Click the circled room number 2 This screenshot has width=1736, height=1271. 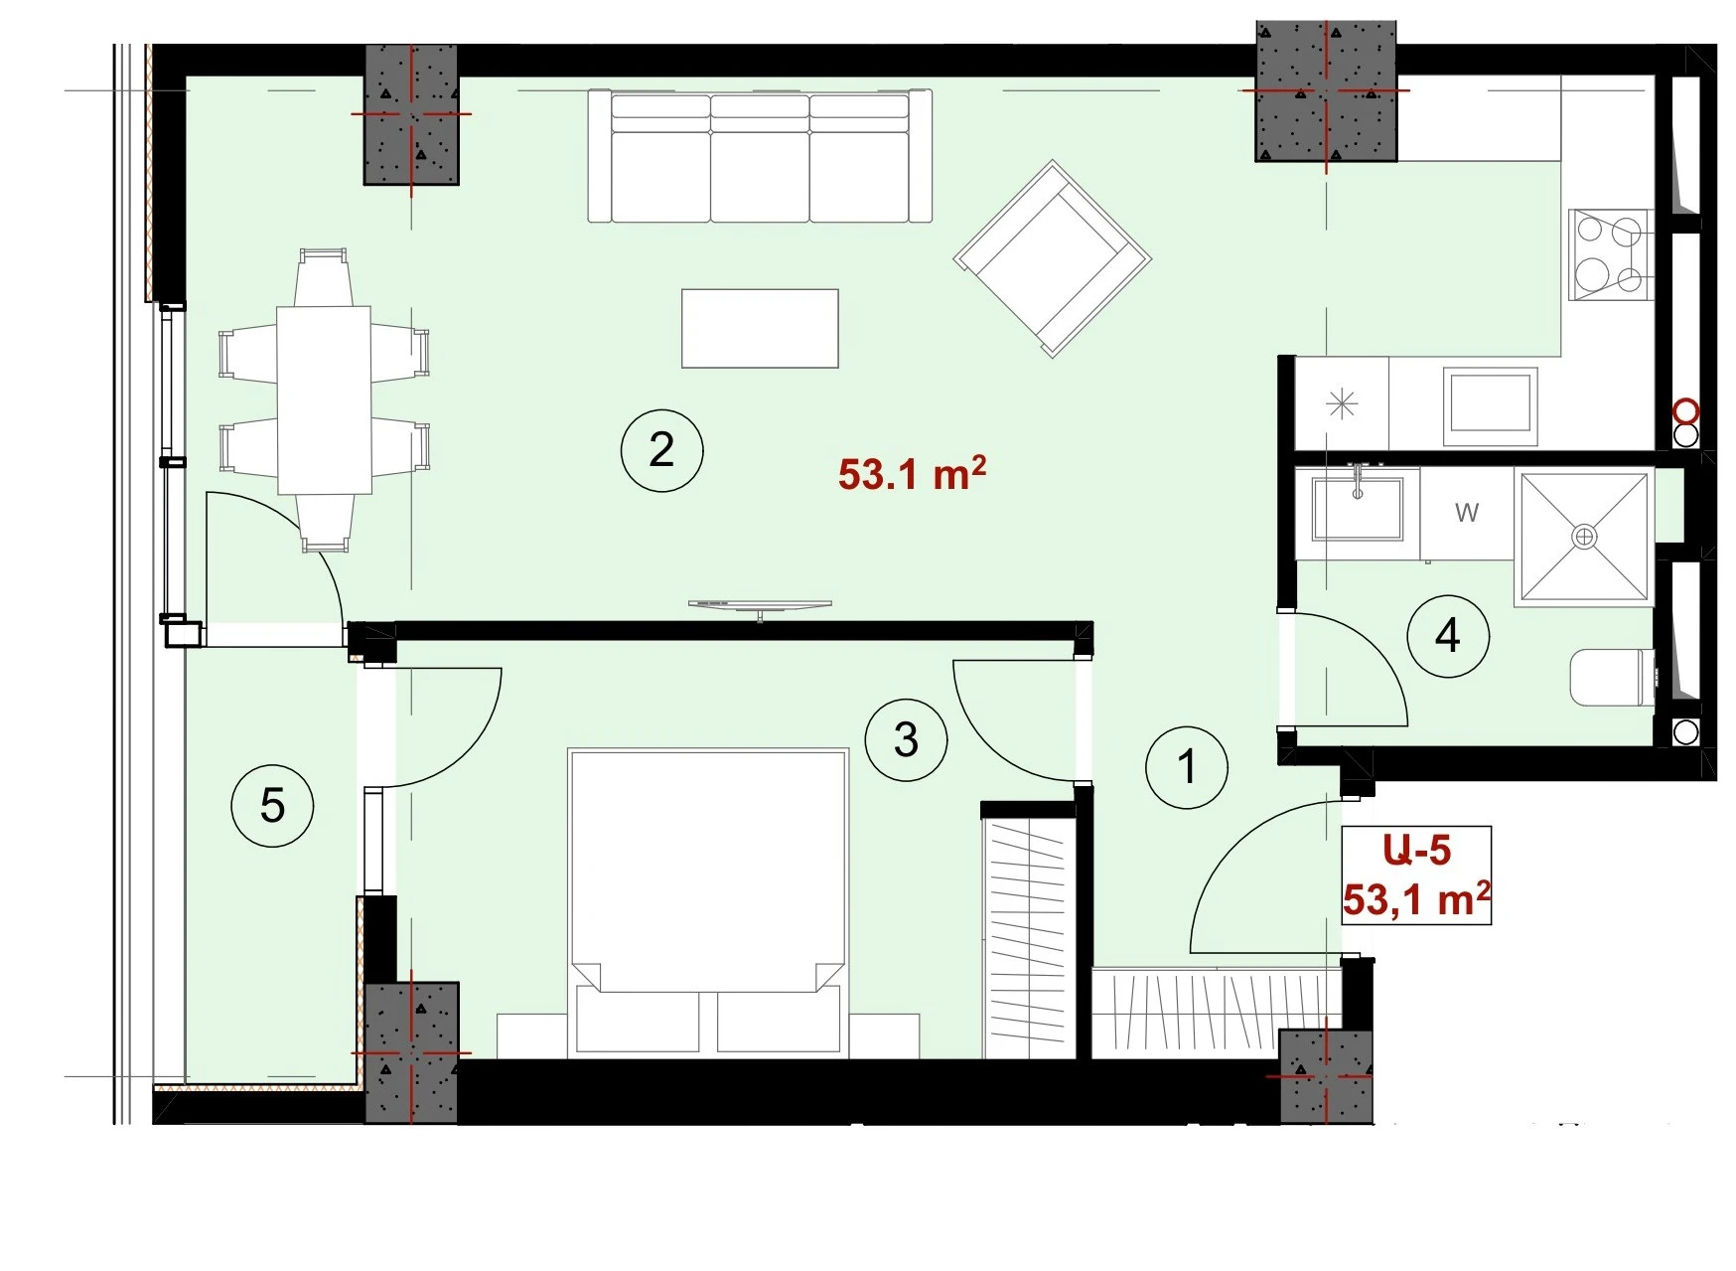pos(661,450)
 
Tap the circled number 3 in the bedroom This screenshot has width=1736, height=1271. pos(906,739)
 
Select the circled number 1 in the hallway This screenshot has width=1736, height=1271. pos(1187,767)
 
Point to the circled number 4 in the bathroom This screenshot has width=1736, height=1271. pos(1448,636)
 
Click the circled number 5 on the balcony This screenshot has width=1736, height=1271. pos(272,805)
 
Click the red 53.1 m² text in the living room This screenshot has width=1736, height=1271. pos(912,473)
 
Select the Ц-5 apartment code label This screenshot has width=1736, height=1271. pos(1416,851)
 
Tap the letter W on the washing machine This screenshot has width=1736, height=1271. pos(1467,513)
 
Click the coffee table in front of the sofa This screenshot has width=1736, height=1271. pos(760,328)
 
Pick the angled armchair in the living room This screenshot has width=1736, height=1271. pos(1053,258)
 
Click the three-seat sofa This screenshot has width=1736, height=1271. pos(760,156)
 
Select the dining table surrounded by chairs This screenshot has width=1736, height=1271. pos(324,399)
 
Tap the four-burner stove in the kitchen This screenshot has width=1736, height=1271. pos(1610,254)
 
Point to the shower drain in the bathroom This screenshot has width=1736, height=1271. pos(1584,538)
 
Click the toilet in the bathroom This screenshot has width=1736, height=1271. pos(1613,678)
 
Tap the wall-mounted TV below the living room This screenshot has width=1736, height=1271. pos(760,606)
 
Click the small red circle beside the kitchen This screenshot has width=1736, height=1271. pos(1685,410)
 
